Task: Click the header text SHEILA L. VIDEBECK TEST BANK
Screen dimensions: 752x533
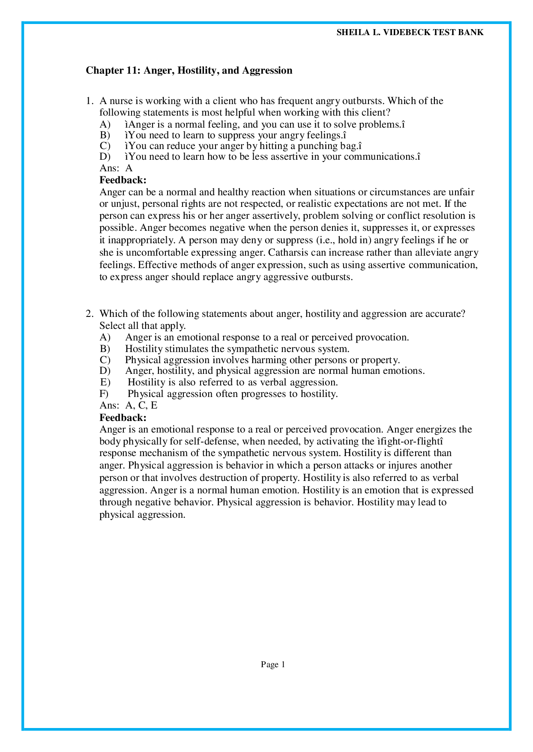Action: (x=410, y=33)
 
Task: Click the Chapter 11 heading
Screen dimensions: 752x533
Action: (x=189, y=70)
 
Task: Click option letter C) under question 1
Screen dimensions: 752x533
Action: (x=105, y=146)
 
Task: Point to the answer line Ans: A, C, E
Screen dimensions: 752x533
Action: (x=129, y=406)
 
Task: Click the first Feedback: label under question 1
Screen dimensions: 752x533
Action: (x=123, y=180)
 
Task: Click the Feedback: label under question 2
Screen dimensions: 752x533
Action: (x=123, y=418)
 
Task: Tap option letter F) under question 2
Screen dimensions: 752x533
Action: (x=104, y=394)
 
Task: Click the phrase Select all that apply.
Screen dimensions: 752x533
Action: (x=142, y=325)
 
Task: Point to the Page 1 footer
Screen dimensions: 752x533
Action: (x=273, y=665)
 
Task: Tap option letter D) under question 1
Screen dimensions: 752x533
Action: (x=105, y=157)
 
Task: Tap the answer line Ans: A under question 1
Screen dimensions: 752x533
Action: (x=116, y=168)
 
